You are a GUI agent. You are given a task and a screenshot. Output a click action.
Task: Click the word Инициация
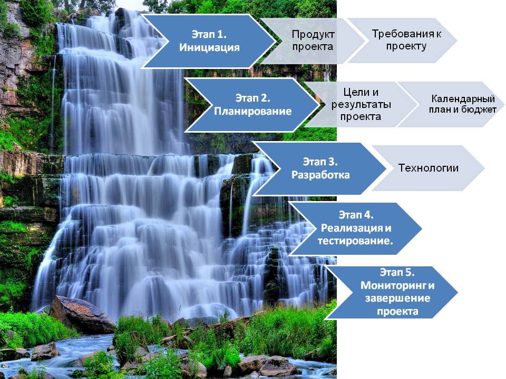tap(209, 47)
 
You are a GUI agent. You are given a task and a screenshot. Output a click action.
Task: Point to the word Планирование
tap(252, 111)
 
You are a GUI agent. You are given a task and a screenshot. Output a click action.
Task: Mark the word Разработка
tap(320, 175)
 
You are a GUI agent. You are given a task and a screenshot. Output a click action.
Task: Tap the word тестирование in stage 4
tap(355, 241)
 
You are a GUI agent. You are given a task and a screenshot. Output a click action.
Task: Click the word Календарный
tap(463, 98)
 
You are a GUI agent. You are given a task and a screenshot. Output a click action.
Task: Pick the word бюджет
tap(479, 109)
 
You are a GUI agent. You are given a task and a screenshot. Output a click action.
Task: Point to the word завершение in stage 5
tap(397, 298)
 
